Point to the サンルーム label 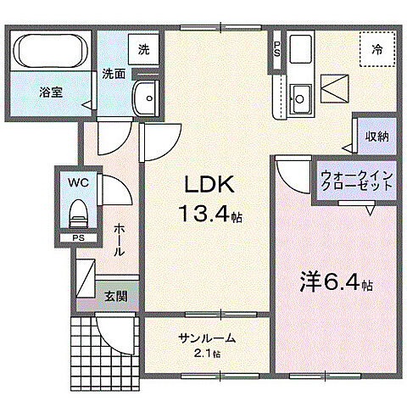207,338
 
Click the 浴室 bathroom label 49,91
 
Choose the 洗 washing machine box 144,49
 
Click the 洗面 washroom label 114,74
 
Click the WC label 76,181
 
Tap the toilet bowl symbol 77,209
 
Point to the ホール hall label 120,240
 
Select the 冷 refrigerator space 376,50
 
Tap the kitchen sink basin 299,95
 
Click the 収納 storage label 377,136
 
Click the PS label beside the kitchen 277,48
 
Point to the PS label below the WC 78,238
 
